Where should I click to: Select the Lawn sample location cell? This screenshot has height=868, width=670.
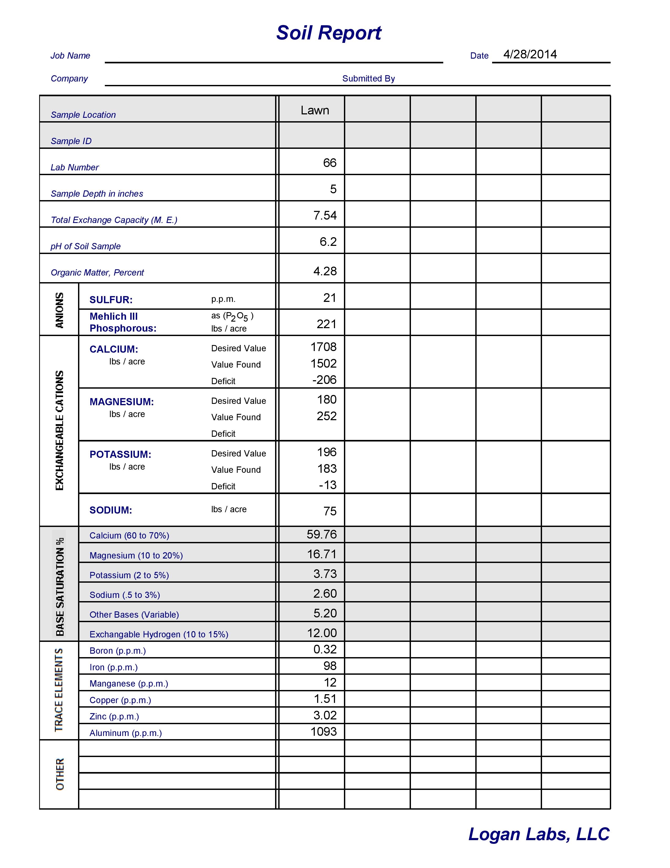(315, 110)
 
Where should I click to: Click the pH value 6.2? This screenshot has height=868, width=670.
(328, 242)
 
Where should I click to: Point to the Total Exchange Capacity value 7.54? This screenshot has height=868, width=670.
(325, 215)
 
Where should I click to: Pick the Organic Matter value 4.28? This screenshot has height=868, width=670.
(325, 271)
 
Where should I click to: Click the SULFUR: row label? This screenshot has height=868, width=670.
(111, 300)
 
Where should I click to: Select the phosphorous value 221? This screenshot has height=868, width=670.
(327, 324)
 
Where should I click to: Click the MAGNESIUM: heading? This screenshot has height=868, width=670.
(122, 402)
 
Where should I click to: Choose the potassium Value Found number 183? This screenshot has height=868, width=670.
(327, 469)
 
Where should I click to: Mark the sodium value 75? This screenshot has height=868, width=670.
(330, 511)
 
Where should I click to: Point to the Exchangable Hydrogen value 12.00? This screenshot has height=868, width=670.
(322, 633)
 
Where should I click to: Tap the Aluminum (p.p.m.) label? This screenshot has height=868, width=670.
(126, 733)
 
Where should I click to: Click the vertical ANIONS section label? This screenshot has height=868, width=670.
(59, 310)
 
